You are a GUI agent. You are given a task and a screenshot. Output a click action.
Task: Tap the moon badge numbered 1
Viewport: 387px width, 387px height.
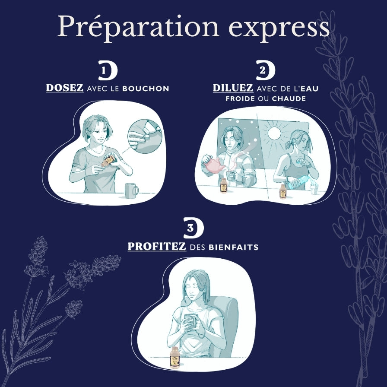[108, 70]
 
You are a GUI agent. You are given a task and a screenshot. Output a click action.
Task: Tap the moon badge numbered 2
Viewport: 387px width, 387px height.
[266, 70]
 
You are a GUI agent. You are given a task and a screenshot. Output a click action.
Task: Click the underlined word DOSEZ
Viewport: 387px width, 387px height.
[65, 88]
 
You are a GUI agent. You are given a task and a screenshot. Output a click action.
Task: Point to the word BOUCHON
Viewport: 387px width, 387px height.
[146, 89]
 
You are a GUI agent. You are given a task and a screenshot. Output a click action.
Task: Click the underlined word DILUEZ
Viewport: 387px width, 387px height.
[233, 88]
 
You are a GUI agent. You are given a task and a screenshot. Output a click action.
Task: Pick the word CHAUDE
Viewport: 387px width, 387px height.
[289, 99]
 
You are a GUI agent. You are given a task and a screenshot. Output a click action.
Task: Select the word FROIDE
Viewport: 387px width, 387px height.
[240, 99]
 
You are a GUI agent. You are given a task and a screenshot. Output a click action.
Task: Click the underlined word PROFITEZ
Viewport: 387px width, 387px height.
[157, 246]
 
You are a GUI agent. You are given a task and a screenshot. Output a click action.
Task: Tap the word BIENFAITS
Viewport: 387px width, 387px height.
[234, 247]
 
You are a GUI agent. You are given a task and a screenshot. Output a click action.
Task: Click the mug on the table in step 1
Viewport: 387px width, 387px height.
[132, 190]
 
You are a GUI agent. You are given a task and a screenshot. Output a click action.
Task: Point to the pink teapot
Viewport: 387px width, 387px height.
[213, 165]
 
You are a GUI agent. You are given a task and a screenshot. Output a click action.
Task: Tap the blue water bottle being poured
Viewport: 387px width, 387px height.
[298, 183]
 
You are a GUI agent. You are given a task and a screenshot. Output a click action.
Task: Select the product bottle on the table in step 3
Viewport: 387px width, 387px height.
[175, 357]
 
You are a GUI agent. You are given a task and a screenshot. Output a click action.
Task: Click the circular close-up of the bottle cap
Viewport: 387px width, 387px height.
[145, 136]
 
